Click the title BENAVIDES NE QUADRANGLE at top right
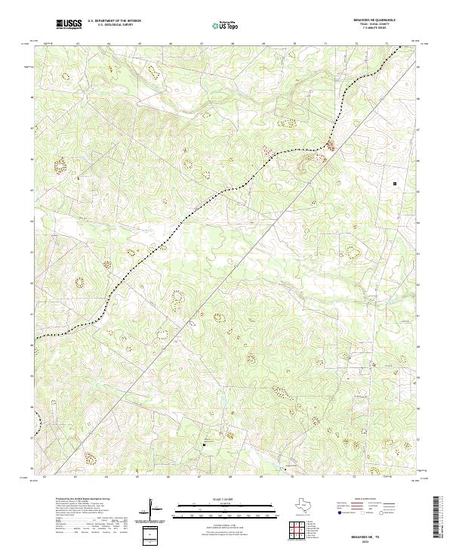[x=374, y=20]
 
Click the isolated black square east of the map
[x=394, y=182]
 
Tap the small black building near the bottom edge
[x=202, y=444]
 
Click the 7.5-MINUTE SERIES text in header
[x=374, y=29]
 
